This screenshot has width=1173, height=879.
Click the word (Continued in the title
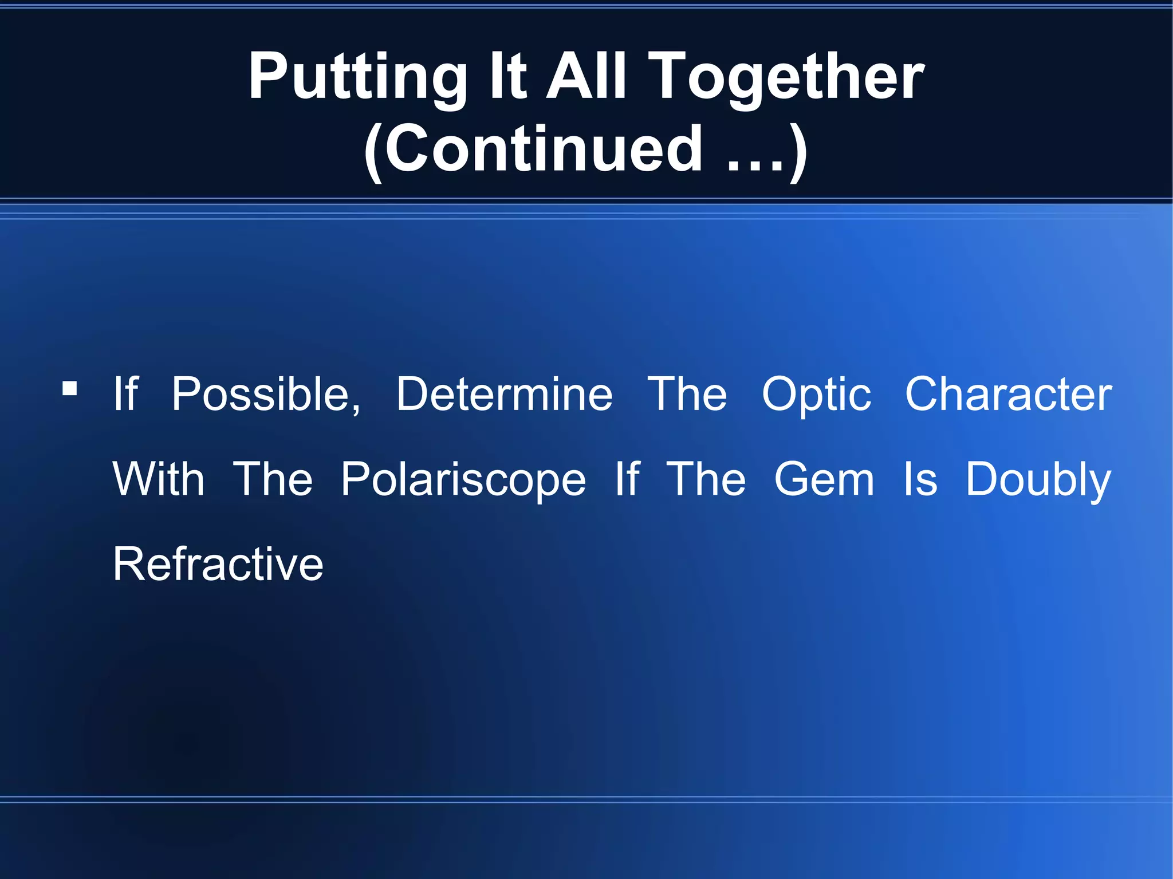(533, 150)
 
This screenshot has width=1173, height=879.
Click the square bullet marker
(70, 389)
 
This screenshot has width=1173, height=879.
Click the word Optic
(816, 395)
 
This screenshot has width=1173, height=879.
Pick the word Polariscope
(463, 480)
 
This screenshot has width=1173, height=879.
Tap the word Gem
(824, 480)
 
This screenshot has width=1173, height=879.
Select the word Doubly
(1038, 480)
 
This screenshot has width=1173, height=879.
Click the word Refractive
(218, 565)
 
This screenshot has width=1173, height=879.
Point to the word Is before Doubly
(920, 480)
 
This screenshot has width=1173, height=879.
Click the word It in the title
(507, 77)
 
